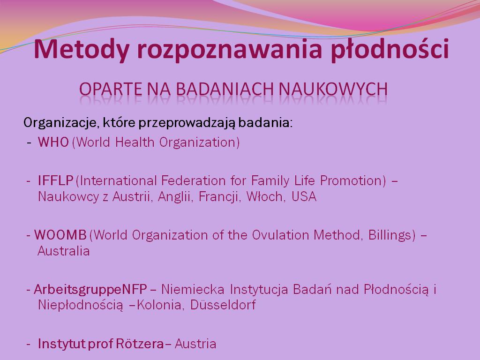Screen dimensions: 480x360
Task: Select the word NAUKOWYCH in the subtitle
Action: click(x=333, y=89)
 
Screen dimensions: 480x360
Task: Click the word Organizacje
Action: click(x=61, y=123)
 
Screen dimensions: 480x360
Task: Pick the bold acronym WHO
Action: click(x=53, y=142)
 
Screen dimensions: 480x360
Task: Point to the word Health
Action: click(x=135, y=142)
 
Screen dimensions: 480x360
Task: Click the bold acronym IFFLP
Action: click(x=55, y=180)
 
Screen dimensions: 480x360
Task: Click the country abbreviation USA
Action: click(x=304, y=196)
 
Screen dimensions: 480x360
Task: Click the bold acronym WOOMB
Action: click(x=60, y=235)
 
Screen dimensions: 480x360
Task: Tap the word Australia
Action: click(x=64, y=251)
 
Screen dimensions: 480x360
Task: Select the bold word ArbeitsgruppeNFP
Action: click(x=90, y=290)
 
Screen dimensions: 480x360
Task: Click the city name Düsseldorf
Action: click(x=223, y=305)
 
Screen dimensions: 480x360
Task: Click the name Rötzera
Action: click(x=140, y=344)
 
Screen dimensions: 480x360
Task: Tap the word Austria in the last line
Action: click(x=195, y=344)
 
